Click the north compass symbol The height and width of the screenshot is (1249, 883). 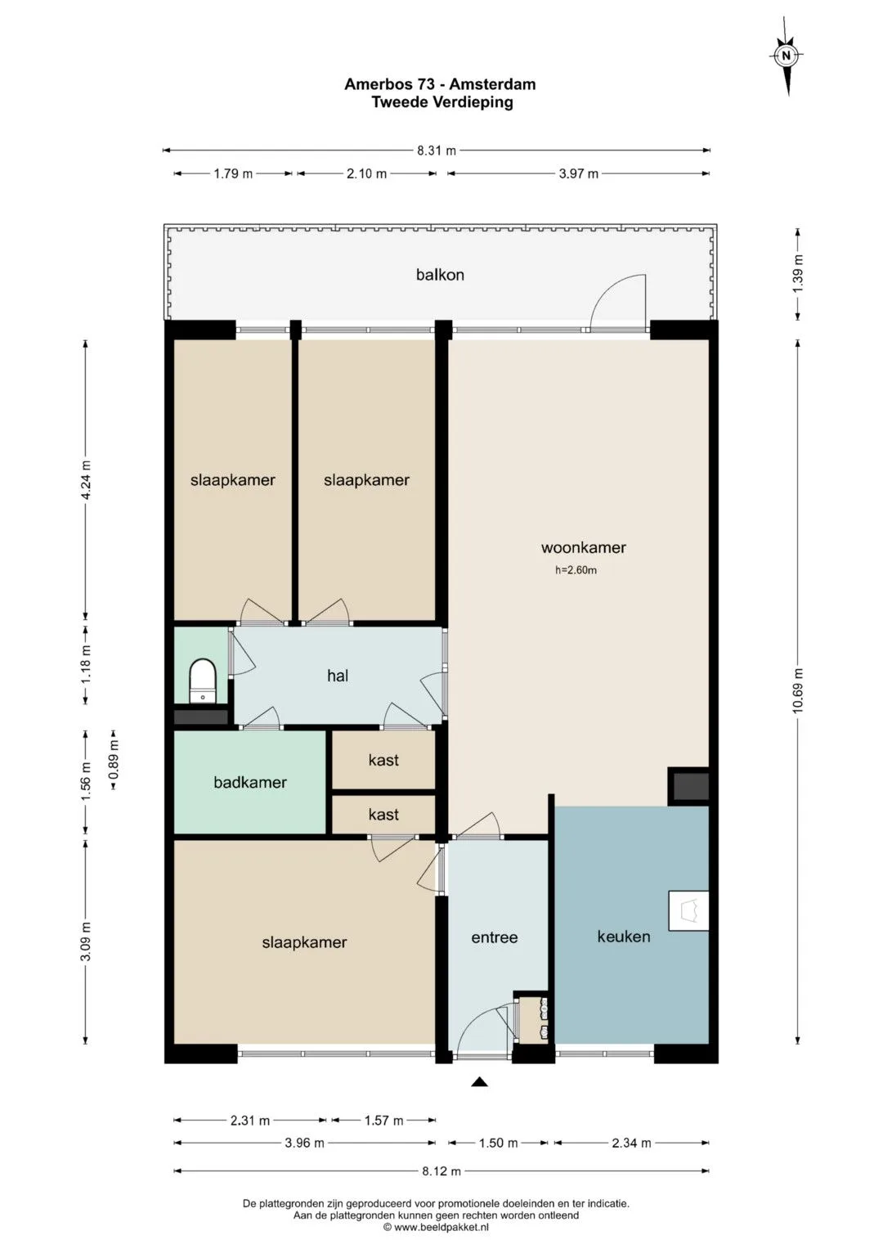point(787,56)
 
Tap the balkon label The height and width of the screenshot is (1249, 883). point(440,275)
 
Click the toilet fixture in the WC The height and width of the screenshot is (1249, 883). point(202,681)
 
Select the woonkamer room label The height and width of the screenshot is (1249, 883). point(583,547)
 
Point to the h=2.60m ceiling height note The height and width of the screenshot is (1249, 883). point(576,570)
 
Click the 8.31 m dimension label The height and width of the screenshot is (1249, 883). point(437,151)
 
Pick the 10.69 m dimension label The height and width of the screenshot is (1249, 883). point(798,690)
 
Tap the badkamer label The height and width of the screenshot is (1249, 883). point(249,782)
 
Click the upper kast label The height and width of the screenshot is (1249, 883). point(383,760)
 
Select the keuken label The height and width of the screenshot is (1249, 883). point(624,937)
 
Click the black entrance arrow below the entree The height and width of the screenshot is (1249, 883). point(479,1082)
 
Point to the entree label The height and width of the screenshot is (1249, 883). point(495,938)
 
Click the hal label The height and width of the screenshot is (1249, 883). point(338,676)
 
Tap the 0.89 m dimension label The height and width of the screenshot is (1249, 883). point(114,760)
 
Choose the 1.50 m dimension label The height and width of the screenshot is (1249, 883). point(499,1143)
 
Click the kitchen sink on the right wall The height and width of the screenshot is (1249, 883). point(689,910)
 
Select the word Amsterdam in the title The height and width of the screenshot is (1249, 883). point(492,84)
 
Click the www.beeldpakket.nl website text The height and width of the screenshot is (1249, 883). point(441,1227)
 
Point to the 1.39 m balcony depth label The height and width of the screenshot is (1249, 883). point(798,273)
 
